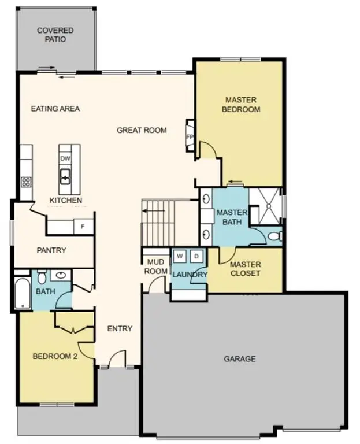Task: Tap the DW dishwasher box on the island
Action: [x=65, y=158]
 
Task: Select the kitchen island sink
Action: [x=65, y=175]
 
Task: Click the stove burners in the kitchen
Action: [x=26, y=182]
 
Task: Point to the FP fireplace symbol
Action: [x=189, y=136]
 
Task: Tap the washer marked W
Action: [x=179, y=256]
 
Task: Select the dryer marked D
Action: [x=196, y=256]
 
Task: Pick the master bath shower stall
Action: [x=265, y=207]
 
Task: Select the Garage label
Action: [x=240, y=359]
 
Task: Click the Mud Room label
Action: [x=156, y=267]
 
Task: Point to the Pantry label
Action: [x=51, y=250]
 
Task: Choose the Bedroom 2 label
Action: [x=54, y=356]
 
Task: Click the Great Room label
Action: [x=142, y=130]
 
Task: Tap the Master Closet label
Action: [x=245, y=269]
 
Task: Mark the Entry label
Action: [x=120, y=328]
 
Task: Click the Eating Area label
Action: [x=55, y=108]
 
